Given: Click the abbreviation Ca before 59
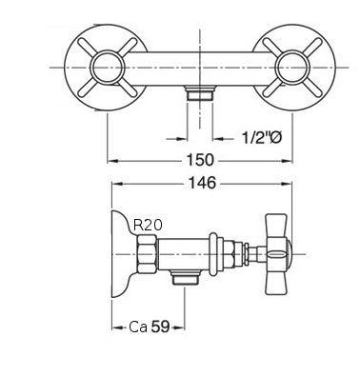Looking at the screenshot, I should pos(139,327).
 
